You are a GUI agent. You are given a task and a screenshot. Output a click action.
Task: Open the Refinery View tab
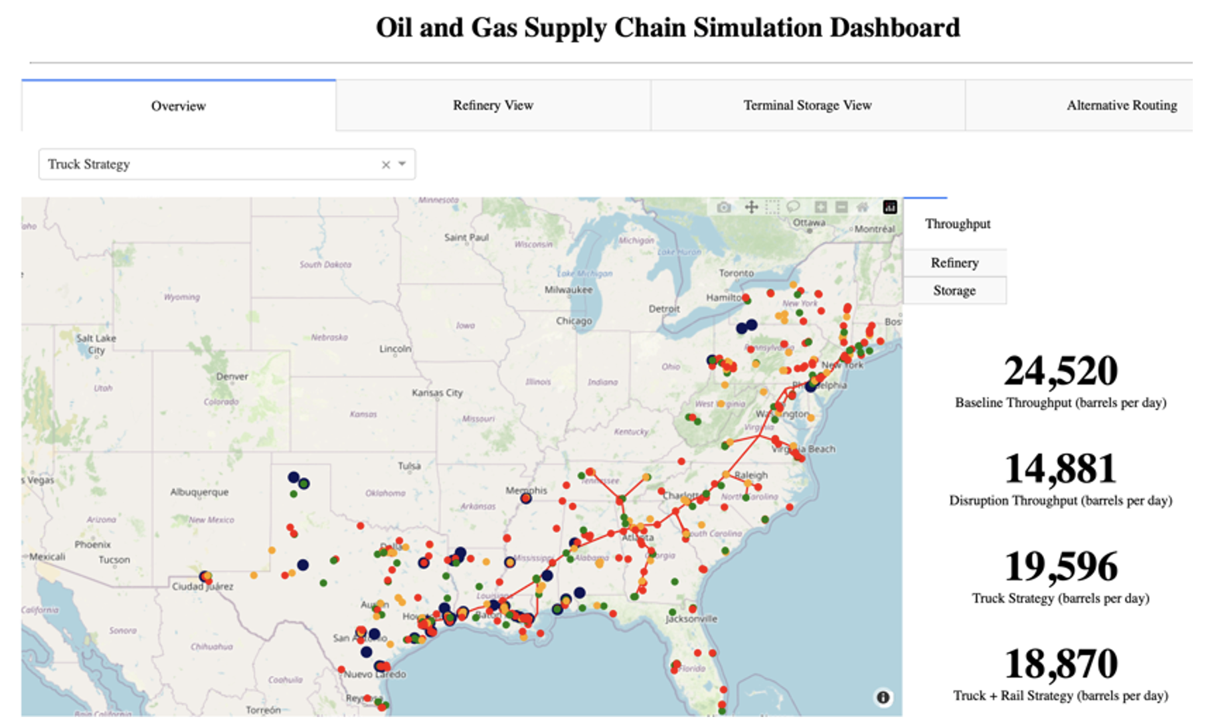pos(493,105)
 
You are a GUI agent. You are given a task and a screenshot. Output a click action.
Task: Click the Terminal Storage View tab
pos(807,105)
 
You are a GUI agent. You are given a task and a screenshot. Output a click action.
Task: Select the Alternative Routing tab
pos(1121,105)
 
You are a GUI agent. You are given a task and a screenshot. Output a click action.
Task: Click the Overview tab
pos(178,106)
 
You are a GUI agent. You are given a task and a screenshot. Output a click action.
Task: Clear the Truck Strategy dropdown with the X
pos(386,165)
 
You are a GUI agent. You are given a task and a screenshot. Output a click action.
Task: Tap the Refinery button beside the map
pos(954,262)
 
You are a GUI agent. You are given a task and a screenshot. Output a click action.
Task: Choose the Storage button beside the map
pos(954,290)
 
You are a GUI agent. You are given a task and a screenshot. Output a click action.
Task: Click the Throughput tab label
pos(957,224)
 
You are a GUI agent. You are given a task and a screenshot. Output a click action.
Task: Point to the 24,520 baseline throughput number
pos(1060,371)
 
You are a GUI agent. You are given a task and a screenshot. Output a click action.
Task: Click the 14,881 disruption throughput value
pos(1060,468)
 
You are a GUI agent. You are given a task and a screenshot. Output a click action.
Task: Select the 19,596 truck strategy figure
pos(1060,566)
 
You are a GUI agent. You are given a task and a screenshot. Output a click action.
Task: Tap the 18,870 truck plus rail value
pos(1060,664)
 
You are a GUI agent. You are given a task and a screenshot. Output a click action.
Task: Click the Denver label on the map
pos(232,376)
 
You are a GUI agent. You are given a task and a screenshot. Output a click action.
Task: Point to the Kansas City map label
pos(437,393)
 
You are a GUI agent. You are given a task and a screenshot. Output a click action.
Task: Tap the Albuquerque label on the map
pos(199,492)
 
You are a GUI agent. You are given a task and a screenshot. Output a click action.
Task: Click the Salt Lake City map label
pos(96,344)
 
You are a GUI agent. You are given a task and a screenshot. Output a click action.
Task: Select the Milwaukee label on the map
pos(568,290)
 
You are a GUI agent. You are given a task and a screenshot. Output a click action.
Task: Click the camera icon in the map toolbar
pos(724,207)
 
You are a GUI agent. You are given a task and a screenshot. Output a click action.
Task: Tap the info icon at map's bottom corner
pos(883,697)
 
